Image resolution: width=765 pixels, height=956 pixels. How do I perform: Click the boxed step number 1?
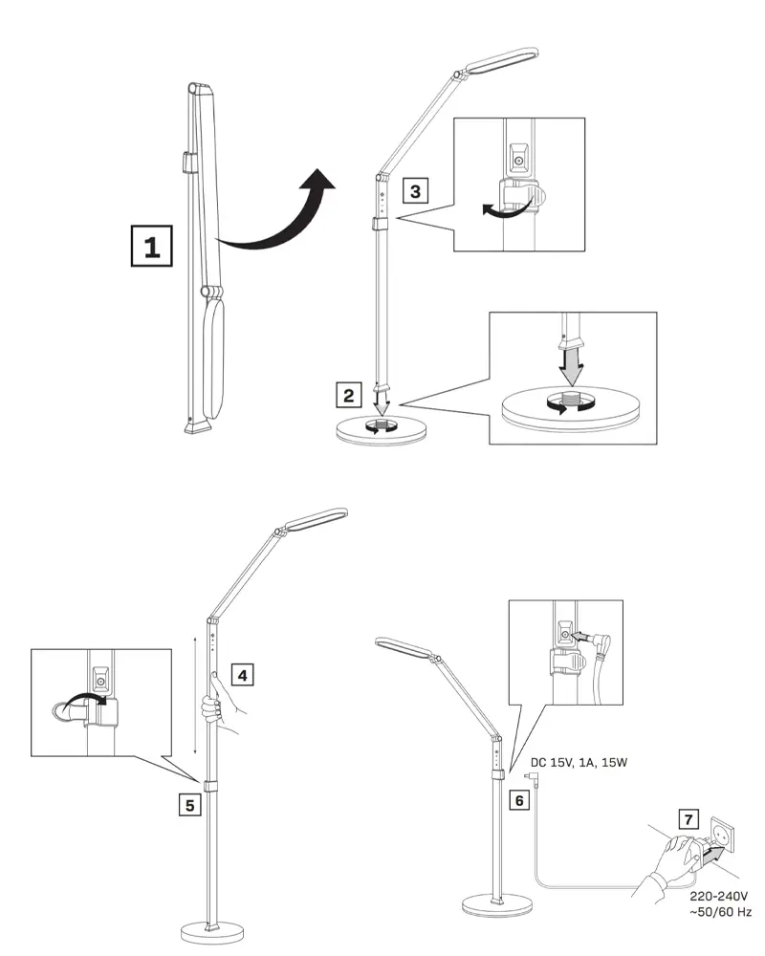pos(151,247)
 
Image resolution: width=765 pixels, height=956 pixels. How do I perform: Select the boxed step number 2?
pos(350,393)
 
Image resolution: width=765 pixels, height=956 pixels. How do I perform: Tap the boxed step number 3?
pos(414,190)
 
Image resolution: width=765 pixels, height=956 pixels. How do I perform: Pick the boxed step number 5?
pos(191,804)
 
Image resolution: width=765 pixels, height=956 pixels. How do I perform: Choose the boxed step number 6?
pos(519,799)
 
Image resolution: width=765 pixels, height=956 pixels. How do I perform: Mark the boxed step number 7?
pos(688,819)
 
